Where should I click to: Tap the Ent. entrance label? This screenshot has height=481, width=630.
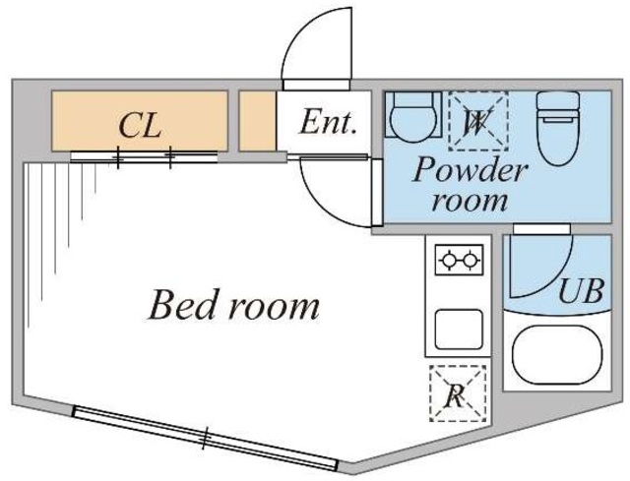click(x=328, y=122)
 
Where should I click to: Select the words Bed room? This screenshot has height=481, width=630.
click(x=234, y=305)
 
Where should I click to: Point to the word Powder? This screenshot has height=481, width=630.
click(x=470, y=169)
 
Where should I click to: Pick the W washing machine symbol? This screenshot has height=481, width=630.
click(x=478, y=121)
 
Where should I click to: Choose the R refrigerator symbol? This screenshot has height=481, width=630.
click(x=458, y=393)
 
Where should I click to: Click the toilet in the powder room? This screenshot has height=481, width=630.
click(x=558, y=129)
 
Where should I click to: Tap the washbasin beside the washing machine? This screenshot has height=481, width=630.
click(x=413, y=116)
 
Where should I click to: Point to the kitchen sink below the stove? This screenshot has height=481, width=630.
click(x=459, y=330)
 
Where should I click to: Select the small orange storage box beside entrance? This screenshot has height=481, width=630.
click(x=258, y=121)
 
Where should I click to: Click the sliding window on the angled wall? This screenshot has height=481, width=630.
click(x=205, y=438)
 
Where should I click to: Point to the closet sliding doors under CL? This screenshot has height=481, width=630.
click(x=144, y=157)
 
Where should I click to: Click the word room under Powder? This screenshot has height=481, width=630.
click(x=470, y=201)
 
